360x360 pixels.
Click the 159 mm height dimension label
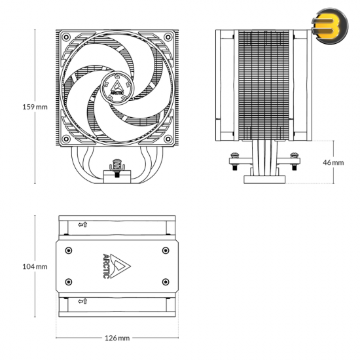click(x=35, y=107)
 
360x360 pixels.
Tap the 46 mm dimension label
click(x=333, y=162)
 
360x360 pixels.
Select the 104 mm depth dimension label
click(x=35, y=266)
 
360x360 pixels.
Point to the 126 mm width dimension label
click(x=117, y=338)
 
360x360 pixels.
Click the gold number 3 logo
click(x=330, y=26)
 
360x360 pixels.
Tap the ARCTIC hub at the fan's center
click(x=117, y=88)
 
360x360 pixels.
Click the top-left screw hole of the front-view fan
click(x=66, y=37)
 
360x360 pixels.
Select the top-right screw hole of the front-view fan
click(x=168, y=37)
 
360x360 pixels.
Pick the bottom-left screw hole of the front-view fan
click(x=66, y=139)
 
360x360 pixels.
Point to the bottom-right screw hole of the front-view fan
click(x=168, y=139)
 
